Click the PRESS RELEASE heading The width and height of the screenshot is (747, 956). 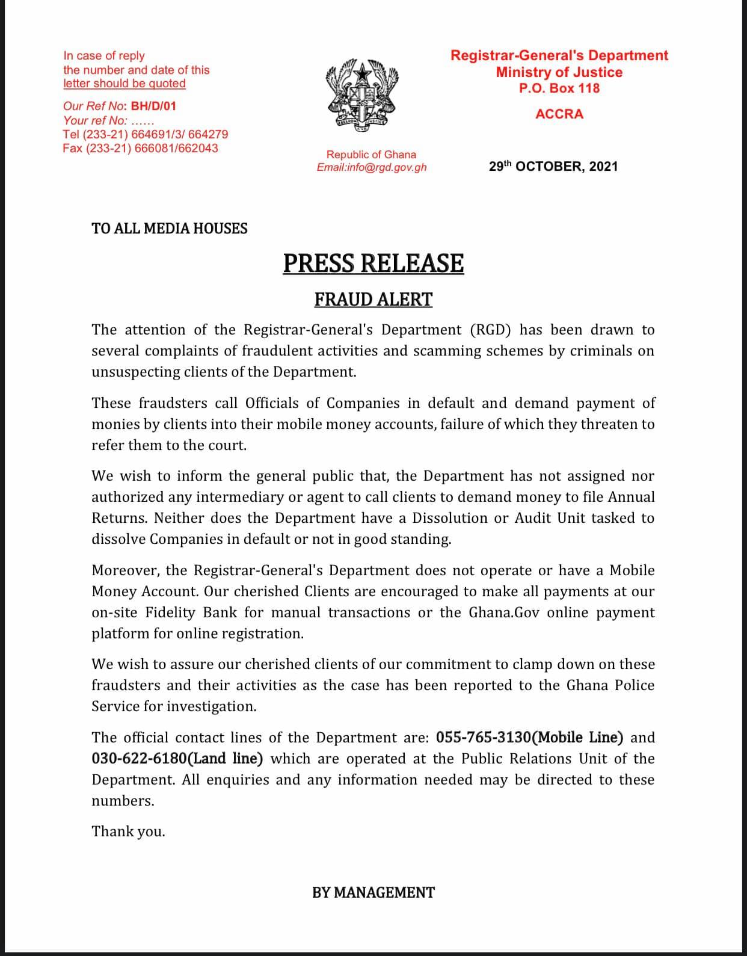point(373,264)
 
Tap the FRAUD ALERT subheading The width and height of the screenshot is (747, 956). point(373,300)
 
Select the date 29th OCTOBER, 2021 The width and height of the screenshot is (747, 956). point(553,167)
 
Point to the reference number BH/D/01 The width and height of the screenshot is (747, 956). point(153,106)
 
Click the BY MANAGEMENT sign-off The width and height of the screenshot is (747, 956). point(373,893)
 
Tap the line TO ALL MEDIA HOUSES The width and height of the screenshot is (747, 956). point(170,229)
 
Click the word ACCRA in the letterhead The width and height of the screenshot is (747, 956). point(559,114)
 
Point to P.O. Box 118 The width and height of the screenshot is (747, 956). point(559,88)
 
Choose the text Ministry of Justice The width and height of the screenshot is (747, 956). point(559,72)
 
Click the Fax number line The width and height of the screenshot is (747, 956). point(140,148)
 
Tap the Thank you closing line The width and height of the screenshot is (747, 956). point(128,831)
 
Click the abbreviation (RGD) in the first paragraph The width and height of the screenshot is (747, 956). point(488,330)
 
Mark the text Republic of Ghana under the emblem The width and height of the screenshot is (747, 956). point(371,155)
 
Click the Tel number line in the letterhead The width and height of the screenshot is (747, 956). point(145,134)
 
